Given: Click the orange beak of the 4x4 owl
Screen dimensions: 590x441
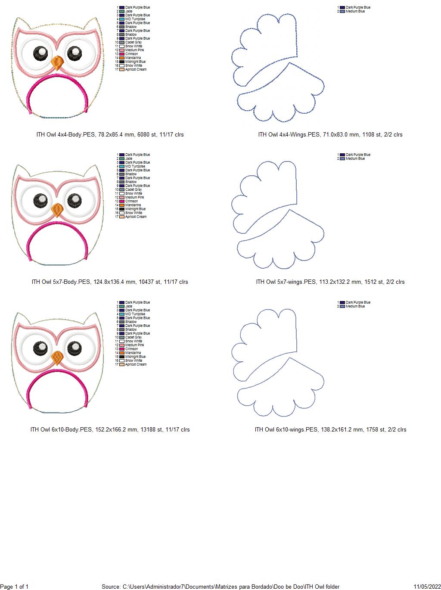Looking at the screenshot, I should (x=57, y=63).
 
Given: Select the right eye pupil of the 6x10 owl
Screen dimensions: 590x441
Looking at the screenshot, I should (x=75, y=347).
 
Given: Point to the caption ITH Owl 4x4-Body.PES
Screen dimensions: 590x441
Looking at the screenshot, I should (x=110, y=135).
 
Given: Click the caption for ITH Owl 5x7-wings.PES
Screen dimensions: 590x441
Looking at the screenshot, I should (x=330, y=282).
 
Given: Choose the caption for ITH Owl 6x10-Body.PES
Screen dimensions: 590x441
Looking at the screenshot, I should (x=110, y=430).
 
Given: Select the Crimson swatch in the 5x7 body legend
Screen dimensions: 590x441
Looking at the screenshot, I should (x=122, y=201).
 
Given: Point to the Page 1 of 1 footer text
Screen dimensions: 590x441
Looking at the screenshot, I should (x=14, y=587).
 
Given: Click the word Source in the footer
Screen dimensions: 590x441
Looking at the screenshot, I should (x=111, y=587).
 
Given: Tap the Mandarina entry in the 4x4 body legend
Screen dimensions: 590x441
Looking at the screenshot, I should (x=133, y=58).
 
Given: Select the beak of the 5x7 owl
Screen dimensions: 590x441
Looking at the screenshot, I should (x=57, y=210).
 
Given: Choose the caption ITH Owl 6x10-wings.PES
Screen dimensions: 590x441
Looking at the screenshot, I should (x=330, y=430).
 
